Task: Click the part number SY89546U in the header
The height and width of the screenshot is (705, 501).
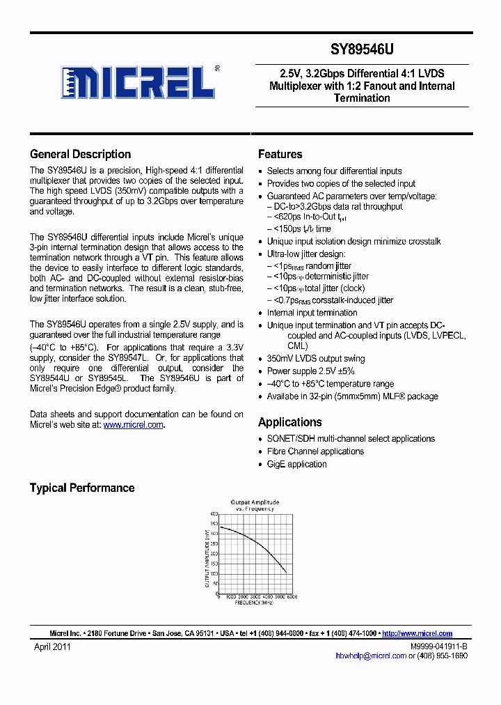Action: [362, 50]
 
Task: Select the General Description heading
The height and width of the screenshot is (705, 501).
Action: [80, 155]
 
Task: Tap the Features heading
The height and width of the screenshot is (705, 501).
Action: [280, 155]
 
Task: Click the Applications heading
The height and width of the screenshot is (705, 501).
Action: [289, 422]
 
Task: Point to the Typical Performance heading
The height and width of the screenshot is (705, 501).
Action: [81, 488]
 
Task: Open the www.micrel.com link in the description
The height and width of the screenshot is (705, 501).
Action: [133, 424]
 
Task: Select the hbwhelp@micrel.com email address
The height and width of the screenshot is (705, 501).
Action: [370, 656]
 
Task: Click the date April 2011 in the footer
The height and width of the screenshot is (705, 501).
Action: [52, 646]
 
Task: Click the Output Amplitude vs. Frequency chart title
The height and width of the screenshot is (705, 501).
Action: [255, 505]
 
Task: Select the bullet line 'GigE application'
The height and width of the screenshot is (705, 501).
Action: [296, 464]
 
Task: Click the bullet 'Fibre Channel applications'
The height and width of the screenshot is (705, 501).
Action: [315, 451]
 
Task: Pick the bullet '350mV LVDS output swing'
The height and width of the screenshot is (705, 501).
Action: [315, 359]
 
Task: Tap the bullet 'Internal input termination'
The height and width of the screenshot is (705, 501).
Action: [312, 313]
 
